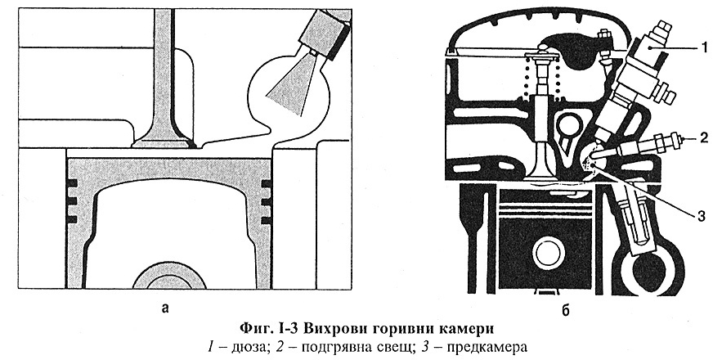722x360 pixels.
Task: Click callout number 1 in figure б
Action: (702, 48)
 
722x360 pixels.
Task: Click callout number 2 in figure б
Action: (702, 140)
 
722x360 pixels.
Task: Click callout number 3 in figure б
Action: (702, 216)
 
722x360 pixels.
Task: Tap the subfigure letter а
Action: (166, 308)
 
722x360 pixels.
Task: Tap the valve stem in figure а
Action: (164, 57)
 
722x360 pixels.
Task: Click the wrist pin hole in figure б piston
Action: (549, 254)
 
